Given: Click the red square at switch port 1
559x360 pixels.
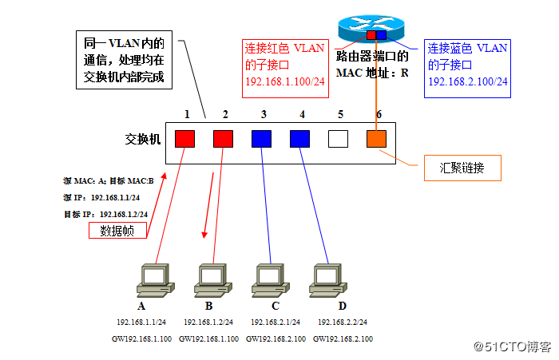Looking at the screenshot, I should click(185, 139).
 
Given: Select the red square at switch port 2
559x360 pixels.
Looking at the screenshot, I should click(224, 139).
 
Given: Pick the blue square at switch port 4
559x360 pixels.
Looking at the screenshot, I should click(300, 139).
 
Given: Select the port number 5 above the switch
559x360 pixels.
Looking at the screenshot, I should click(339, 114).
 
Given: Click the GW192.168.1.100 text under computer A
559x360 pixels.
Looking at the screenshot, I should click(141, 339).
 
